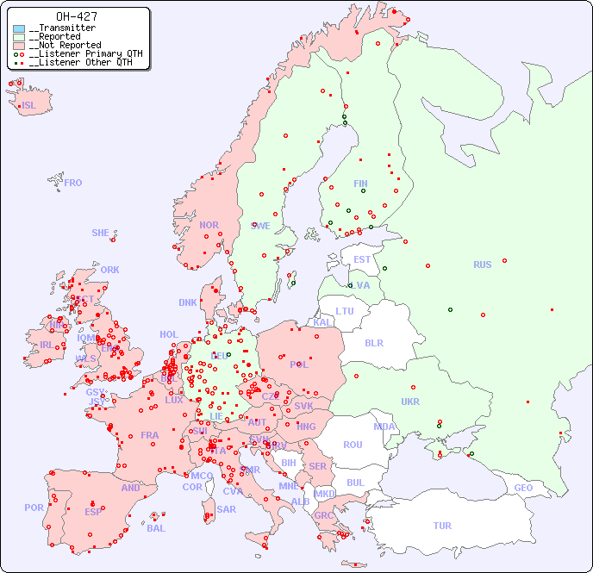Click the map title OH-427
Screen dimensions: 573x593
coord(76,16)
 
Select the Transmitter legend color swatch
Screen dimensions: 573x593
coord(19,28)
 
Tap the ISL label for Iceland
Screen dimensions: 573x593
coord(29,106)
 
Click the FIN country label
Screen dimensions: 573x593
coord(360,184)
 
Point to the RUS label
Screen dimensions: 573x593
coord(482,265)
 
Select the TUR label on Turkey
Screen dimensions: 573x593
coord(442,526)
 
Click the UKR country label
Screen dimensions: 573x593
coord(410,402)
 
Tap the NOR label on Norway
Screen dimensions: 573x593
coord(209,225)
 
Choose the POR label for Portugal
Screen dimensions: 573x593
coord(34,508)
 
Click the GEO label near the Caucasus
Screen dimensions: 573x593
coord(523,488)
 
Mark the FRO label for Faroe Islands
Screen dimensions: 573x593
coord(73,183)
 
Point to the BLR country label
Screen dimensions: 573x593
coord(374,342)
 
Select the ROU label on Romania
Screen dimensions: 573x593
coord(353,445)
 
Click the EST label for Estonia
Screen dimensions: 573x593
coord(362,259)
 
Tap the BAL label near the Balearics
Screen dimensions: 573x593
coord(156,528)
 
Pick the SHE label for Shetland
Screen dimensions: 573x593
coord(101,233)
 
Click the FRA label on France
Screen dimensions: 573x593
coord(150,435)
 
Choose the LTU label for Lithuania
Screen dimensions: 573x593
coord(345,311)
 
